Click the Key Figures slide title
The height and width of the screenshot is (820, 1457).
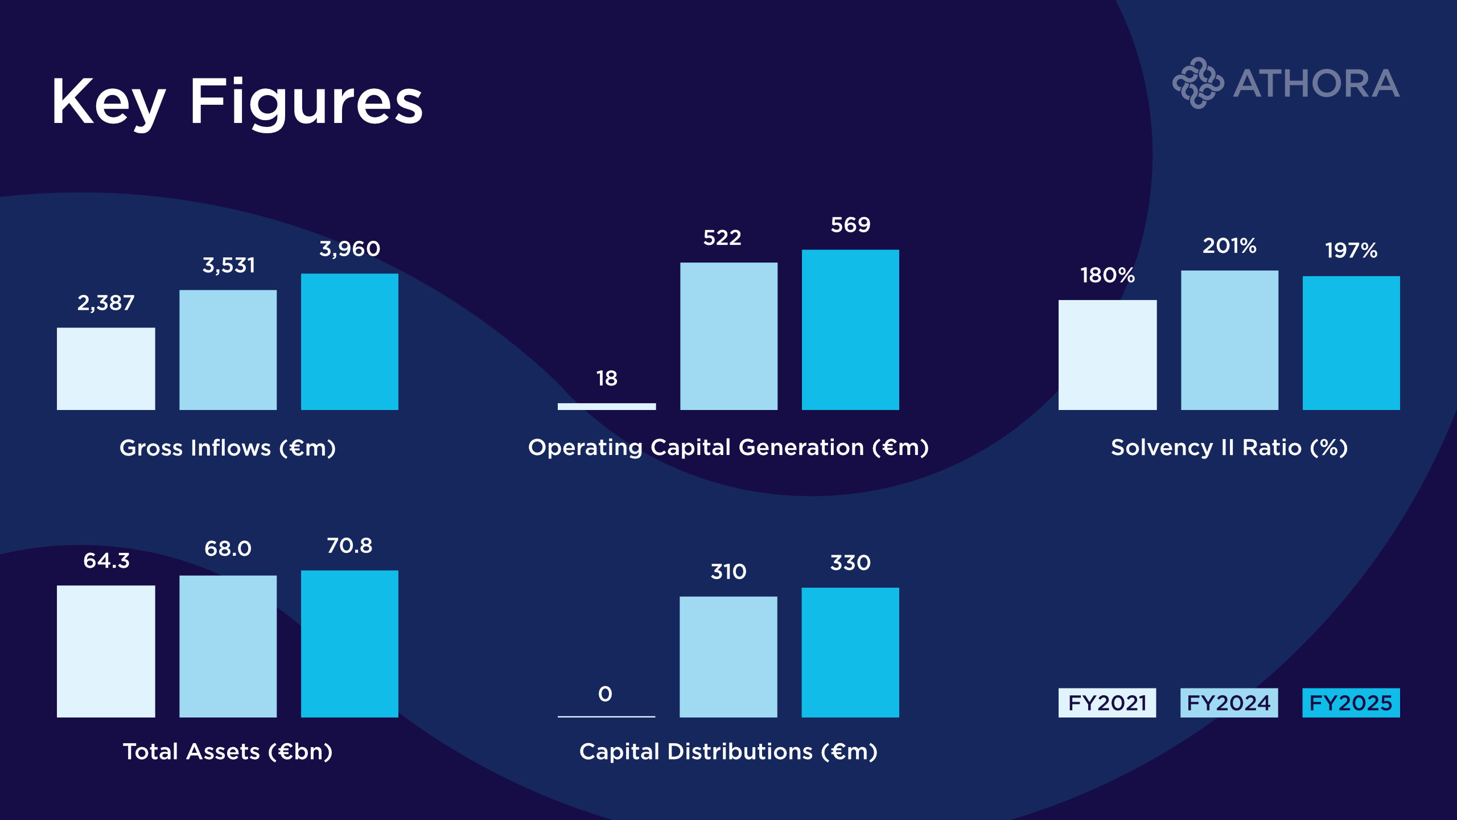237,102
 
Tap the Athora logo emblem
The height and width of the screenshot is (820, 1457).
1197,83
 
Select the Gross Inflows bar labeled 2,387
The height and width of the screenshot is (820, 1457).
106,368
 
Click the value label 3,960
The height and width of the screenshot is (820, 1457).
349,249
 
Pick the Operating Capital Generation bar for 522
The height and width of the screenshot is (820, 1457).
728,336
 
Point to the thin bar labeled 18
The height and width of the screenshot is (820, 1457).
607,406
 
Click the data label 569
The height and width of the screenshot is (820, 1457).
850,225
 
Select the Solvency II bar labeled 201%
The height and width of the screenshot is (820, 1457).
1229,340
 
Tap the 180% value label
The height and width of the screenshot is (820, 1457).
1108,276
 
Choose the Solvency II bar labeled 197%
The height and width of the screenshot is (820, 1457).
1351,343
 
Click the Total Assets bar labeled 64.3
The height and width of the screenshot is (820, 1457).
106,651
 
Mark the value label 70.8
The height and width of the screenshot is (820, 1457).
349,546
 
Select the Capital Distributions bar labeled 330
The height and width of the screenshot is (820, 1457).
850,652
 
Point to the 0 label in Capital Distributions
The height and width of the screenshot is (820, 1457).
605,694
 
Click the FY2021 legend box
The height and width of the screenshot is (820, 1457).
1107,703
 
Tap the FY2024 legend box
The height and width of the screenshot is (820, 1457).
1229,703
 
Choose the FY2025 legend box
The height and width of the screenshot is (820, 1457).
1351,703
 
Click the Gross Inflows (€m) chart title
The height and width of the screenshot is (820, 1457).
228,448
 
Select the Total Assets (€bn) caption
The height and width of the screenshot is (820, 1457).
228,752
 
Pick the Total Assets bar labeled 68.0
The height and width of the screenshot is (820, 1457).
228,646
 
